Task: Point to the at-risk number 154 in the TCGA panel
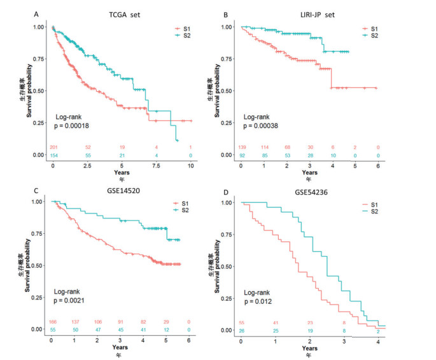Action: (x=53, y=155)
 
